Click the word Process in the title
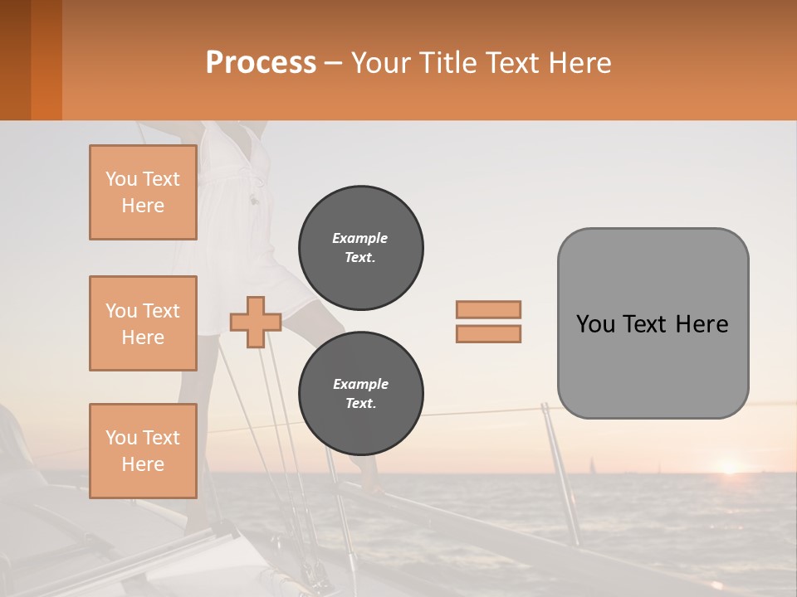tap(261, 63)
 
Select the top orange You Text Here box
tap(143, 192)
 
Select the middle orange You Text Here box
tap(143, 323)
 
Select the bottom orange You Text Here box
tap(143, 451)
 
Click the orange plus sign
tap(256, 322)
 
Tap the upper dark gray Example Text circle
tap(360, 248)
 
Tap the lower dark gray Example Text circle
tap(360, 394)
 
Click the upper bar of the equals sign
tap(488, 309)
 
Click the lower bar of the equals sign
tap(488, 334)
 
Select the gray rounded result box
tap(653, 323)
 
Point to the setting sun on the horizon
tap(729, 468)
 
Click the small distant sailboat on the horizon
tap(591, 465)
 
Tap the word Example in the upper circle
tap(360, 238)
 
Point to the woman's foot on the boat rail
tap(369, 486)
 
